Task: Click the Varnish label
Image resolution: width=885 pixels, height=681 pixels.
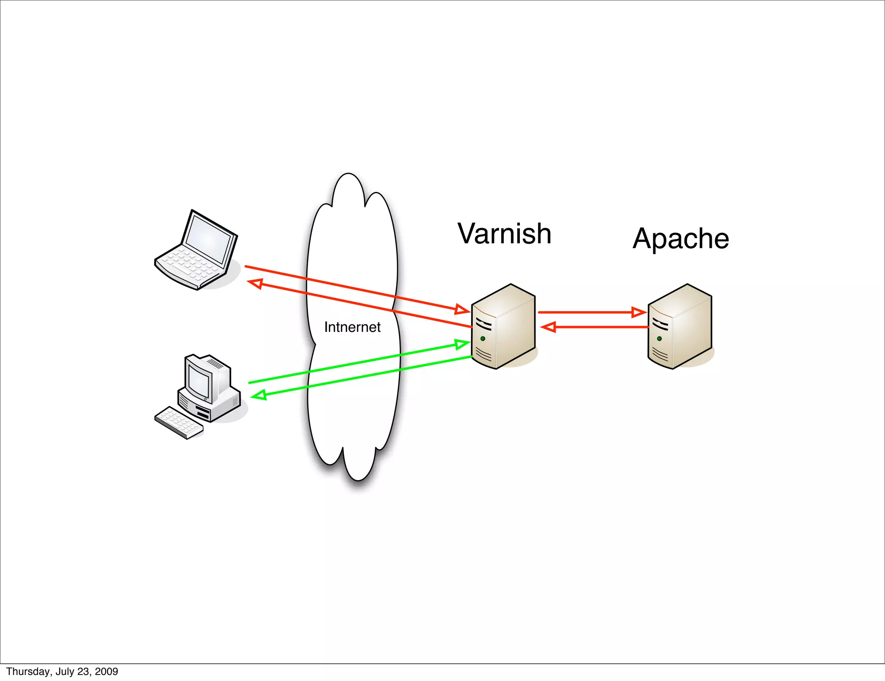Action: [504, 234]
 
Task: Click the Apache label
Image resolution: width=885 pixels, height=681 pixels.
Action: [681, 239]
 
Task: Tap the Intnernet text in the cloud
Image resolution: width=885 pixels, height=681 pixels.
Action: [352, 327]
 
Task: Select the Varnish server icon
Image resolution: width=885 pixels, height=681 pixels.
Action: [504, 327]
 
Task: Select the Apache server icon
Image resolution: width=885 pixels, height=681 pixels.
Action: [680, 327]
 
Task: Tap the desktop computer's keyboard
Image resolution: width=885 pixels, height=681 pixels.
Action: [178, 422]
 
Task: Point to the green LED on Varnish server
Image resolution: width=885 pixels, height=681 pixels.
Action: [483, 338]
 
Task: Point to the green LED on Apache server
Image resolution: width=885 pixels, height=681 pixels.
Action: [659, 338]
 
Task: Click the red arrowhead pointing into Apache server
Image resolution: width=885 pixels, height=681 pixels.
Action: [639, 312]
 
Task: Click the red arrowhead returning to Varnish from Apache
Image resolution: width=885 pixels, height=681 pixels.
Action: [548, 327]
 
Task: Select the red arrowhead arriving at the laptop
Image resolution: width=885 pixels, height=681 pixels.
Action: [256, 283]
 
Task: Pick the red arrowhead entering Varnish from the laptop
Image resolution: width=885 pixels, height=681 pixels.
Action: [462, 309]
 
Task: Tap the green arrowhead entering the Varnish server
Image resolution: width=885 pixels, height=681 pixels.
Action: [462, 344]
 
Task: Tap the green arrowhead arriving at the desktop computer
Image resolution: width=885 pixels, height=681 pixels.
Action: [259, 395]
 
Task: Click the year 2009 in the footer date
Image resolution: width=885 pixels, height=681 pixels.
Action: [107, 671]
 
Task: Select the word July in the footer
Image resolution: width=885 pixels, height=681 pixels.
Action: [64, 671]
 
